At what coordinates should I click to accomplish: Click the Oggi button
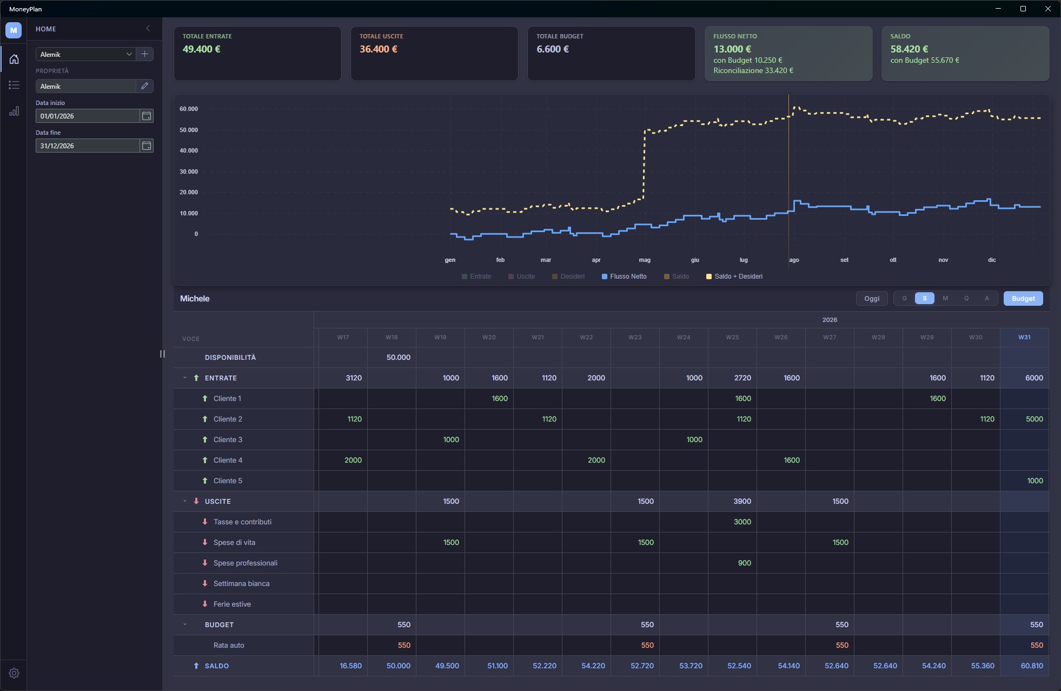click(x=872, y=299)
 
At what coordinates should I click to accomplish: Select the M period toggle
click(x=945, y=299)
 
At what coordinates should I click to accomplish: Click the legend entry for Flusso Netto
click(x=624, y=277)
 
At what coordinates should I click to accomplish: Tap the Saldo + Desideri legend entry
click(x=734, y=277)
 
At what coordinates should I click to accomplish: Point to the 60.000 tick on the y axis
click(x=189, y=109)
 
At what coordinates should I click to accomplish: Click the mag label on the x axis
click(x=645, y=260)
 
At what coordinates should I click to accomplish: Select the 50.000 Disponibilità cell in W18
click(x=399, y=358)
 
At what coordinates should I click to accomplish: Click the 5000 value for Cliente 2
click(x=1035, y=419)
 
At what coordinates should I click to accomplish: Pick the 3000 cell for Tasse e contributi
click(x=742, y=522)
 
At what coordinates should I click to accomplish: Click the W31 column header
click(x=1024, y=337)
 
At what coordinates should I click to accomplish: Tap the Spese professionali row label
click(x=246, y=563)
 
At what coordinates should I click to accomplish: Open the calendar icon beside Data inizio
click(x=147, y=116)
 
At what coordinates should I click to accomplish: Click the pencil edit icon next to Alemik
click(x=144, y=86)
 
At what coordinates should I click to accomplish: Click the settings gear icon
click(x=14, y=673)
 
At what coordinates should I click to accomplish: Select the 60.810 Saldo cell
click(x=1032, y=666)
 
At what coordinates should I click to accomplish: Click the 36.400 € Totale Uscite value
click(x=379, y=49)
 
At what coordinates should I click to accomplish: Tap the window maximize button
click(x=1023, y=9)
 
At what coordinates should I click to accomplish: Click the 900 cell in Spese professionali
click(x=745, y=563)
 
